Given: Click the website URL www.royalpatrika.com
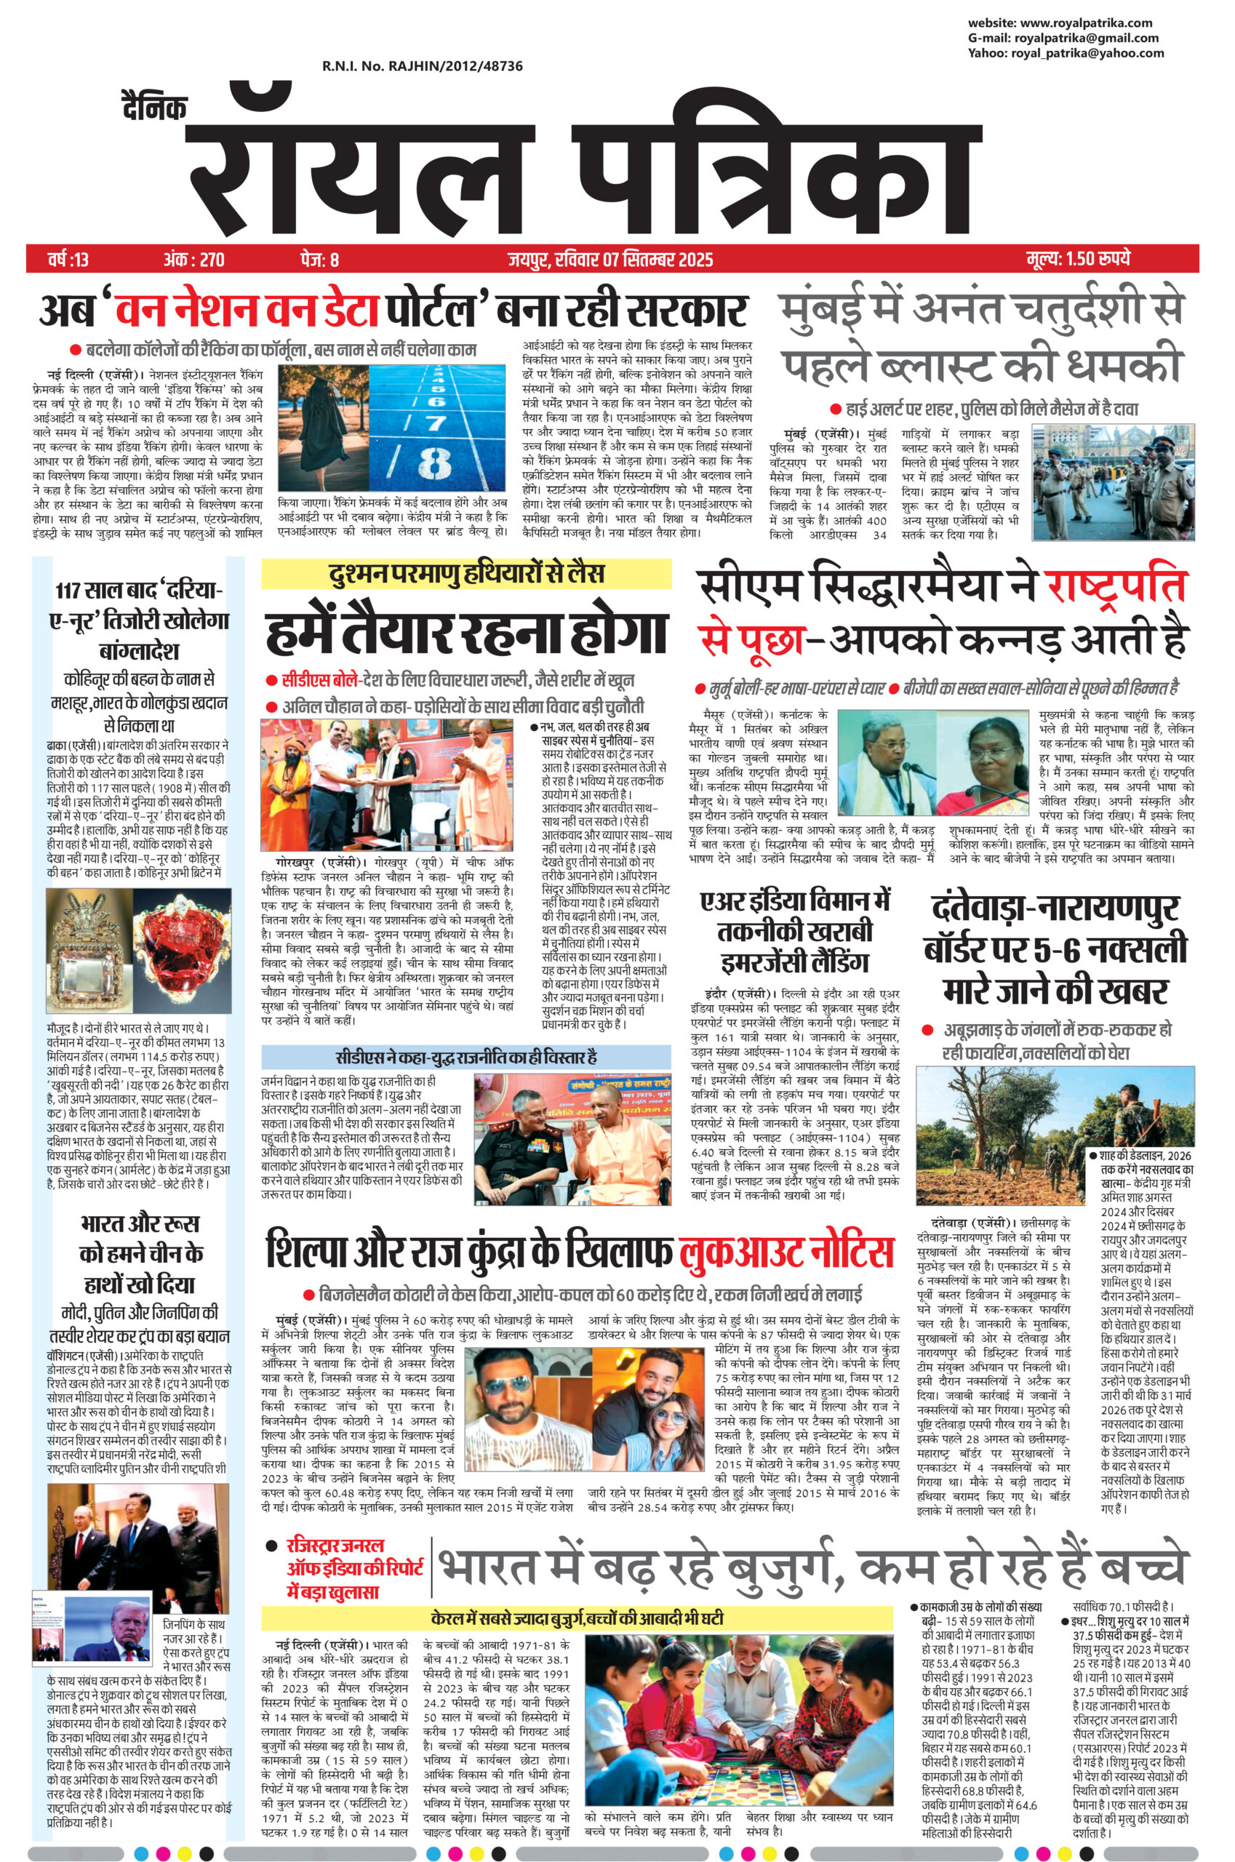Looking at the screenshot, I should coord(1084,23).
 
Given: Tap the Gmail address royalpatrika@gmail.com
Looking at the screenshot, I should coord(1086,38).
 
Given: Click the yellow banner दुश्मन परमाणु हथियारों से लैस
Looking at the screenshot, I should coord(466,573).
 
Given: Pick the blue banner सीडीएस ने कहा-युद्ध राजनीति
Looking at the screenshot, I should coord(466,1056).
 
